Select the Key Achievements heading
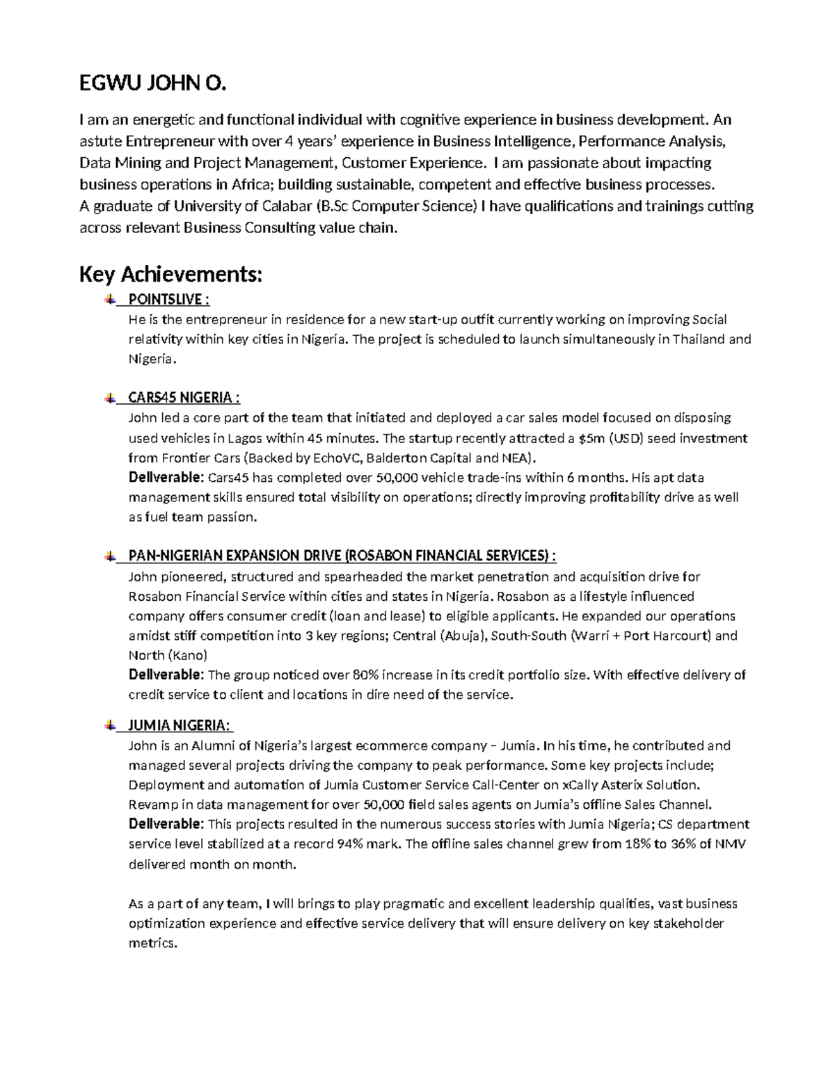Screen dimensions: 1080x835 pyautogui.click(x=171, y=275)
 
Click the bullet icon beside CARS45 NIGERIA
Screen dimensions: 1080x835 pyautogui.click(x=110, y=398)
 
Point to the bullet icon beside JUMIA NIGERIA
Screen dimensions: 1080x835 pyautogui.click(x=110, y=725)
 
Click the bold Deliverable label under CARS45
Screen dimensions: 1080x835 pyautogui.click(x=166, y=478)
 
